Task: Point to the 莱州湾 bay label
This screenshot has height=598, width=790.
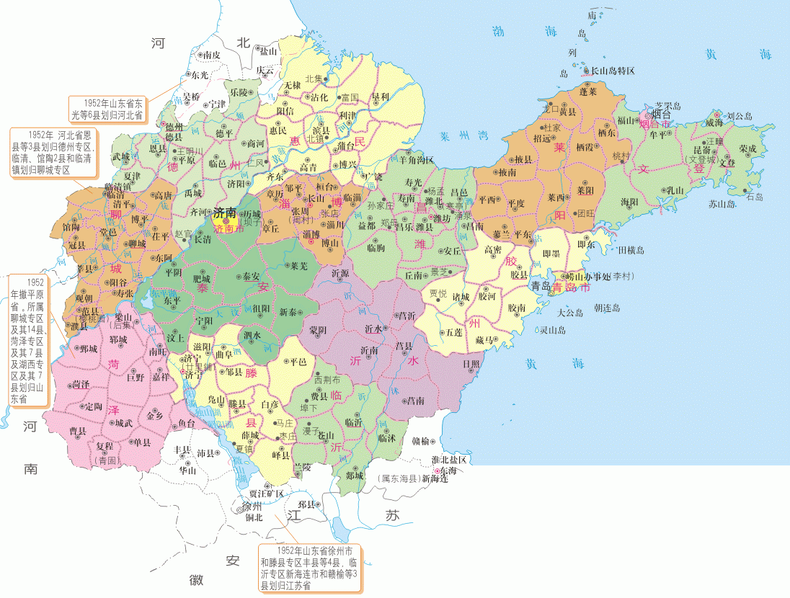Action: coord(465,135)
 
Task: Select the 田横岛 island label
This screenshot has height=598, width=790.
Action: coord(631,250)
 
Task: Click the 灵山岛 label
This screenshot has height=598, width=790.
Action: coord(553,330)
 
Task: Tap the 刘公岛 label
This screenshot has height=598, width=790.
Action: coord(739,115)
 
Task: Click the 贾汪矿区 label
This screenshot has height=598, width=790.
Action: coord(266,494)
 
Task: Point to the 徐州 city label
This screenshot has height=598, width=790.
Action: coord(252,506)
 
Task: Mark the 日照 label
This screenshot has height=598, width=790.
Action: coord(472,363)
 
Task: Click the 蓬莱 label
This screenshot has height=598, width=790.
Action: coord(589,92)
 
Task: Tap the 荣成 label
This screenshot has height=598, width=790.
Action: coord(747,148)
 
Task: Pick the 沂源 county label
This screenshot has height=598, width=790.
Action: coord(340,274)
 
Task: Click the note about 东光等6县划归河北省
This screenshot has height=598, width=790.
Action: coord(107,108)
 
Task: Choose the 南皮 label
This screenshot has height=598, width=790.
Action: coord(211,55)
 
